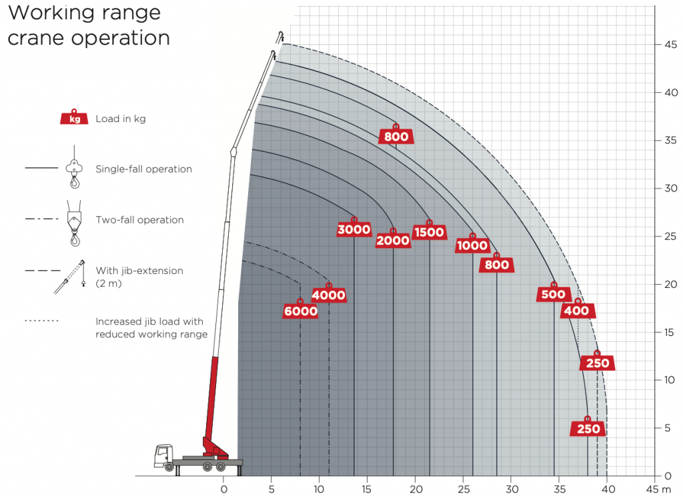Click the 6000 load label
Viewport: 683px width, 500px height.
coord(300,311)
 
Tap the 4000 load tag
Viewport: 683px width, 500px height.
coord(328,295)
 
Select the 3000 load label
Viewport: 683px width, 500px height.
coord(354,230)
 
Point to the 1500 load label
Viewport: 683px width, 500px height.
coord(429,232)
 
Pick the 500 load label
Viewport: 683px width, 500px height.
coord(554,294)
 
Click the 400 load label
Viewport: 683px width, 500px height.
coord(577,311)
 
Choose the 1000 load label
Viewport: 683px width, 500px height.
coord(472,245)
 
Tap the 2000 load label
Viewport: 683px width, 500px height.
coord(393,241)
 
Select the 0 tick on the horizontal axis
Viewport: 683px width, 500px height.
coord(223,489)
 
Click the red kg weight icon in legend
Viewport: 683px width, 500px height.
coord(75,118)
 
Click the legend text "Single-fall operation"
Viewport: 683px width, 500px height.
coord(143,169)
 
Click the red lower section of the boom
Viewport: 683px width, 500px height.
coord(213,400)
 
